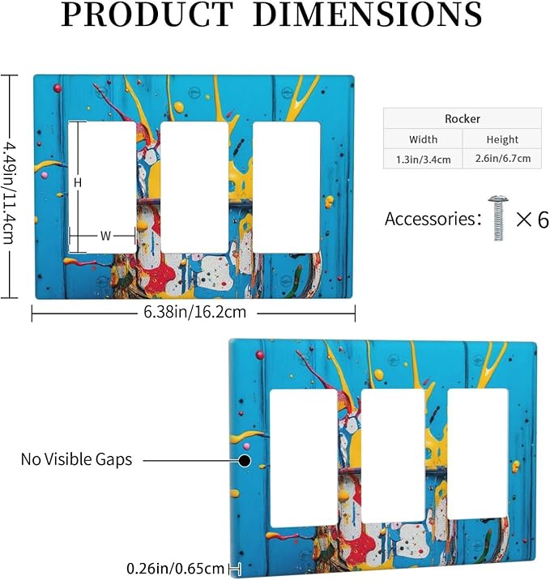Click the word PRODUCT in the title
tap(147, 15)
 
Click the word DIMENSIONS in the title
tap(367, 15)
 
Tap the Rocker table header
tap(463, 119)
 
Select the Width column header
tap(423, 139)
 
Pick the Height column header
tap(502, 139)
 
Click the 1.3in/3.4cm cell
tap(423, 160)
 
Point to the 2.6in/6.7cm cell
tap(503, 158)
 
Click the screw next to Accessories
tap(498, 218)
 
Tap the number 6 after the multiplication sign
tap(543, 220)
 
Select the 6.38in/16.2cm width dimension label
tap(195, 312)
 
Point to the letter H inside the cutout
tap(77, 182)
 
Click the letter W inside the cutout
tap(105, 236)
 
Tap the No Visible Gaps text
tap(76, 459)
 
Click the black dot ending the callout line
tap(245, 461)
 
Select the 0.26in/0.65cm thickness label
tap(175, 568)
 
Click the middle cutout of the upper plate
tap(194, 188)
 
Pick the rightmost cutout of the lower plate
tap(478, 454)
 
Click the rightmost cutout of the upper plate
tap(286, 188)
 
